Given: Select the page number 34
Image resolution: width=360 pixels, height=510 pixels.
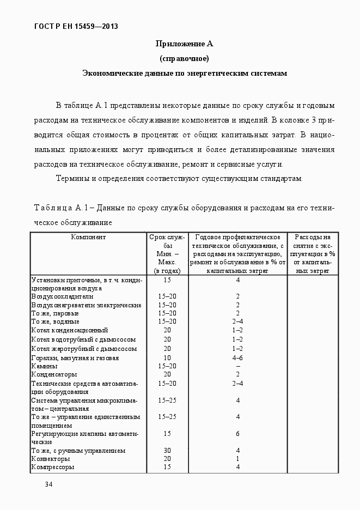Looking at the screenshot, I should (x=48, y=484).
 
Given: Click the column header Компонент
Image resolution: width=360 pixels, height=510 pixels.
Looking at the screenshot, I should (x=88, y=237).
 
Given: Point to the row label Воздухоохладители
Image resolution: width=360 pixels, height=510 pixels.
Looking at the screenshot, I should (x=62, y=297).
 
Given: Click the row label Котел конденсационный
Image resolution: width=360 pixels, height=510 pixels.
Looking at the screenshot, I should (x=70, y=330).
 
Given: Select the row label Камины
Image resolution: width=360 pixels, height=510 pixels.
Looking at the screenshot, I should (x=44, y=367).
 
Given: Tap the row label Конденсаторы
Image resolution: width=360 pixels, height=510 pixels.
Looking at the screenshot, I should (x=54, y=375).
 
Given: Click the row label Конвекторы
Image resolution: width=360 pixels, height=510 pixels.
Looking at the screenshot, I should (x=51, y=459).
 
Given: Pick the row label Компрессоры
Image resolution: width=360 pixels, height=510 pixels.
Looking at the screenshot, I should (x=53, y=467).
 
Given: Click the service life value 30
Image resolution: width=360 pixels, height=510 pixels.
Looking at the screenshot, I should (x=167, y=451).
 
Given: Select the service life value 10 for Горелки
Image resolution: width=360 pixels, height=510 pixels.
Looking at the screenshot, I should (x=167, y=358).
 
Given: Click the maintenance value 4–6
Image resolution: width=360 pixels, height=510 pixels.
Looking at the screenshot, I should (x=237, y=358).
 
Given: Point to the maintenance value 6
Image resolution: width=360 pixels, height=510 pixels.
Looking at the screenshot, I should (x=238, y=434).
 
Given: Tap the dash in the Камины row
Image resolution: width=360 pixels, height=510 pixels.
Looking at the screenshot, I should (x=238, y=367).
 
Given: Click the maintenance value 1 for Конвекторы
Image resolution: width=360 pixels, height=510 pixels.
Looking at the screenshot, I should (x=238, y=459).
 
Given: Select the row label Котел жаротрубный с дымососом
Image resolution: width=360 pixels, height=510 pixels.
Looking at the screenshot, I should (x=84, y=349).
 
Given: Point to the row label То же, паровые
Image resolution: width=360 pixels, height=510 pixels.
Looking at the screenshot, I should (x=55, y=314).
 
